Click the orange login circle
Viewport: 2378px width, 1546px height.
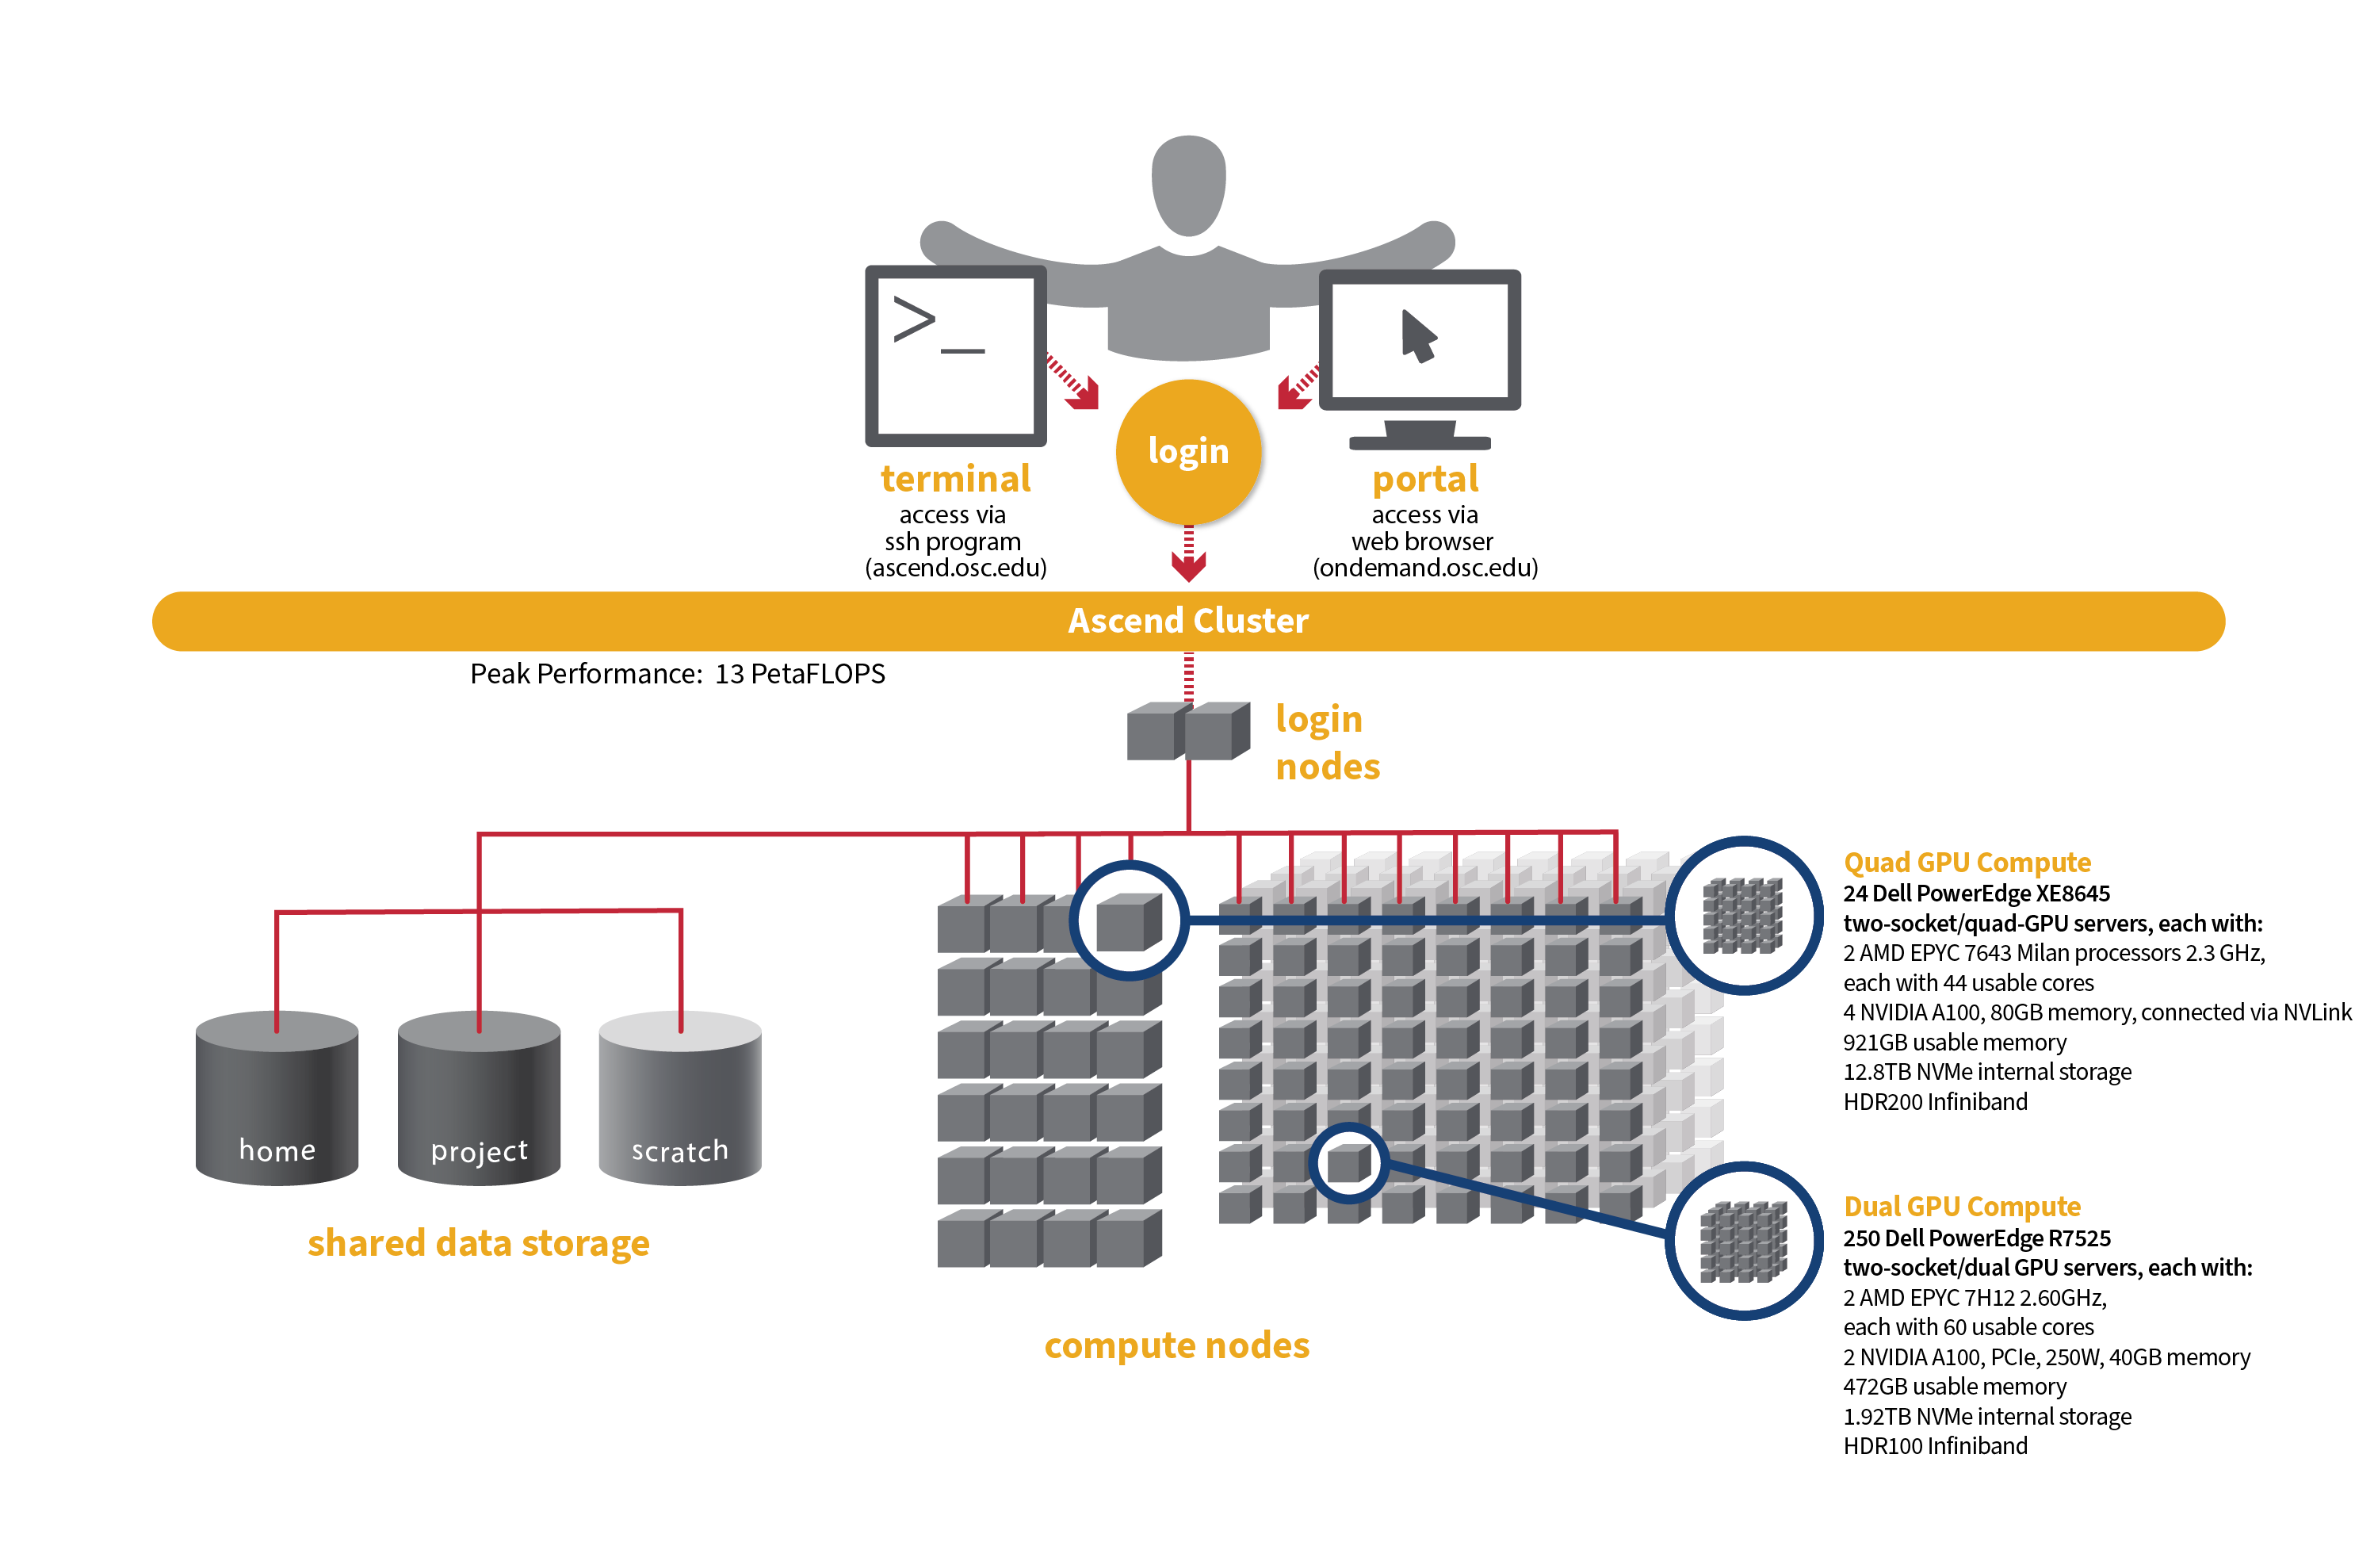(1188, 452)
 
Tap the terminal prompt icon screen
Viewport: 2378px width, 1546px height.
(955, 356)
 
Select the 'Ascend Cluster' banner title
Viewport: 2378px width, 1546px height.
(1188, 621)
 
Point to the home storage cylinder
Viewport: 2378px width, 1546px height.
(277, 1100)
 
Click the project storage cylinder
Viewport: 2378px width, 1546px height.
(479, 1100)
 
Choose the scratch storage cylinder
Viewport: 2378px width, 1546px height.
(679, 1100)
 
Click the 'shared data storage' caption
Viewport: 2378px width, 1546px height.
(479, 1243)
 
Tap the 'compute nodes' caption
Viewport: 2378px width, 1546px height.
(1176, 1345)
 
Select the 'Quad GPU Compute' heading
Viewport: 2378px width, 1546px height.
(1967, 862)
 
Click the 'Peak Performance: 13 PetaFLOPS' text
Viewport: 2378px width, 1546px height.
(678, 675)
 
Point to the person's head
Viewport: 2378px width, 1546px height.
(1188, 185)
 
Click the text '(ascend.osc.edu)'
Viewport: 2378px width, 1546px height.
(955, 568)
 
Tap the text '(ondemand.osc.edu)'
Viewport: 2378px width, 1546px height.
(1424, 568)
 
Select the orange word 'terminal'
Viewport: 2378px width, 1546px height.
(955, 479)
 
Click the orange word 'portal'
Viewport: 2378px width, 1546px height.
(1424, 479)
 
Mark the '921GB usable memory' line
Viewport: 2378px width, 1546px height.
(1955, 1043)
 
